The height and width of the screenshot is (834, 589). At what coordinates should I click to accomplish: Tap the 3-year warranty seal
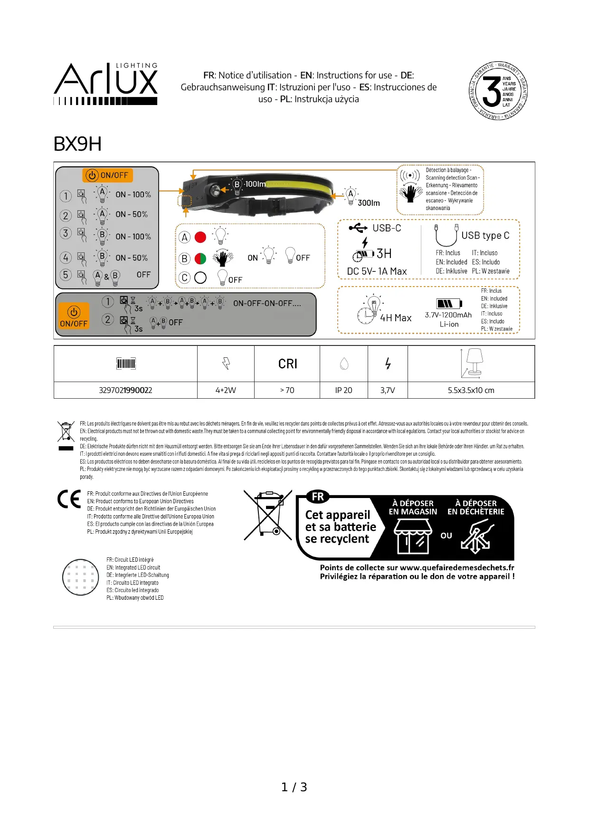point(497,91)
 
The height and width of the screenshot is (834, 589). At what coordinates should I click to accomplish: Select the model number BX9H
point(77,144)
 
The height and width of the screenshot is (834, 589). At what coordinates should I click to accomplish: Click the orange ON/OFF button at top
point(108,175)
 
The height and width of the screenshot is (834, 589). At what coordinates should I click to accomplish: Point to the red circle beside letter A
point(200,237)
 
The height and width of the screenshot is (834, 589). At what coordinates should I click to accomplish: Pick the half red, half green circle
point(200,259)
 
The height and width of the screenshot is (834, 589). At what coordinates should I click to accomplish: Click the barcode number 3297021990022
point(125,390)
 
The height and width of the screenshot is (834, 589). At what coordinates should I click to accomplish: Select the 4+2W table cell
point(226,390)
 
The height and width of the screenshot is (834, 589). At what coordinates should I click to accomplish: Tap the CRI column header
point(287,364)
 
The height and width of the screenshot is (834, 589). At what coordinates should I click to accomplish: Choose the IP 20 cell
point(343,390)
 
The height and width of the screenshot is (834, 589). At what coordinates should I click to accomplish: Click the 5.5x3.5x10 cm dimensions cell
point(471,390)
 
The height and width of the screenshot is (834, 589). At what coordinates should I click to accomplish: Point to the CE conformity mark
point(69,499)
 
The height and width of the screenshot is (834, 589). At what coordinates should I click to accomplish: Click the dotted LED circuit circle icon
point(81,577)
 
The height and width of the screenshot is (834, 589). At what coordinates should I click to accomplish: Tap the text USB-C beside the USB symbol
point(387,228)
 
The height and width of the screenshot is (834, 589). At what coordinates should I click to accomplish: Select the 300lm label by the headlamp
point(369,203)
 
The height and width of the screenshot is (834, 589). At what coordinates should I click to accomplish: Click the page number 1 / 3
point(294,787)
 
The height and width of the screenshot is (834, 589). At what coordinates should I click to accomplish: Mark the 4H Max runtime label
point(396,318)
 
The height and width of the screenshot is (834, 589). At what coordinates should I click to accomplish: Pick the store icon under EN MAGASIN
point(413,536)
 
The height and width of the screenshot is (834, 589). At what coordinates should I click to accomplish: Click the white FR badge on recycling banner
point(318,497)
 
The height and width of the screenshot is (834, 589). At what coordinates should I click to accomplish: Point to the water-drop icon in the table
point(344,364)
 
